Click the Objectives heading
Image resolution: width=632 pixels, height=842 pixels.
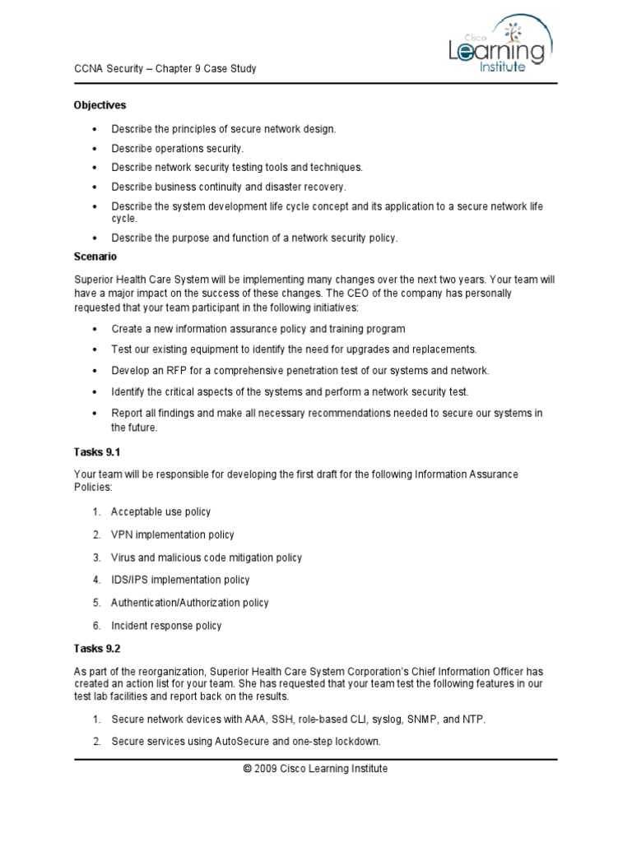[100, 105]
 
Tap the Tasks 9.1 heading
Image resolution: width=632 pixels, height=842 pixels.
[97, 453]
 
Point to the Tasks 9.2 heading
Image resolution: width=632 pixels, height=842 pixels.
[97, 649]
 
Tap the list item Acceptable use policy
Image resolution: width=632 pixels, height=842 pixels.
[160, 511]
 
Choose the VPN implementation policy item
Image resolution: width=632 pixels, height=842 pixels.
[173, 534]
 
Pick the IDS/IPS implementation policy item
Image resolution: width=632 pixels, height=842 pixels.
[180, 580]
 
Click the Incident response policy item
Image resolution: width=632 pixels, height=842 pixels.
[166, 626]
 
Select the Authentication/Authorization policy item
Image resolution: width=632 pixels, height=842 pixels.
[190, 603]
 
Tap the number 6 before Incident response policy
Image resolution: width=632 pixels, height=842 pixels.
[95, 626]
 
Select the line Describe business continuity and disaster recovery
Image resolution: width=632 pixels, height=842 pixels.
[229, 187]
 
